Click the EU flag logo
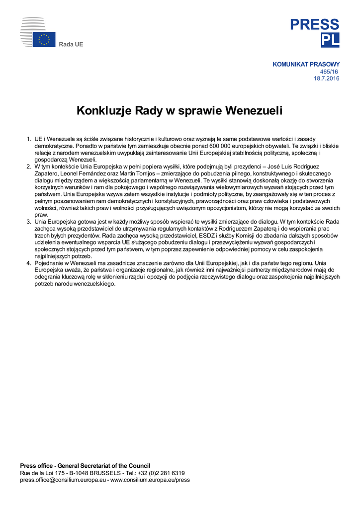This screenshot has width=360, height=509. (x=44, y=40)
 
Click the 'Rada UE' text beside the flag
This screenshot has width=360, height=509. (x=71, y=45)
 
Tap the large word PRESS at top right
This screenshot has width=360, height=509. (x=315, y=24)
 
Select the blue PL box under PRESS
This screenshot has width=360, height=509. (x=330, y=41)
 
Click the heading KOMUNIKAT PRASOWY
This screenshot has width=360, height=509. (x=306, y=64)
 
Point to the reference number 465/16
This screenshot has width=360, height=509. (x=329, y=72)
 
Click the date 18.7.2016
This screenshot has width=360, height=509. (x=326, y=79)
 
